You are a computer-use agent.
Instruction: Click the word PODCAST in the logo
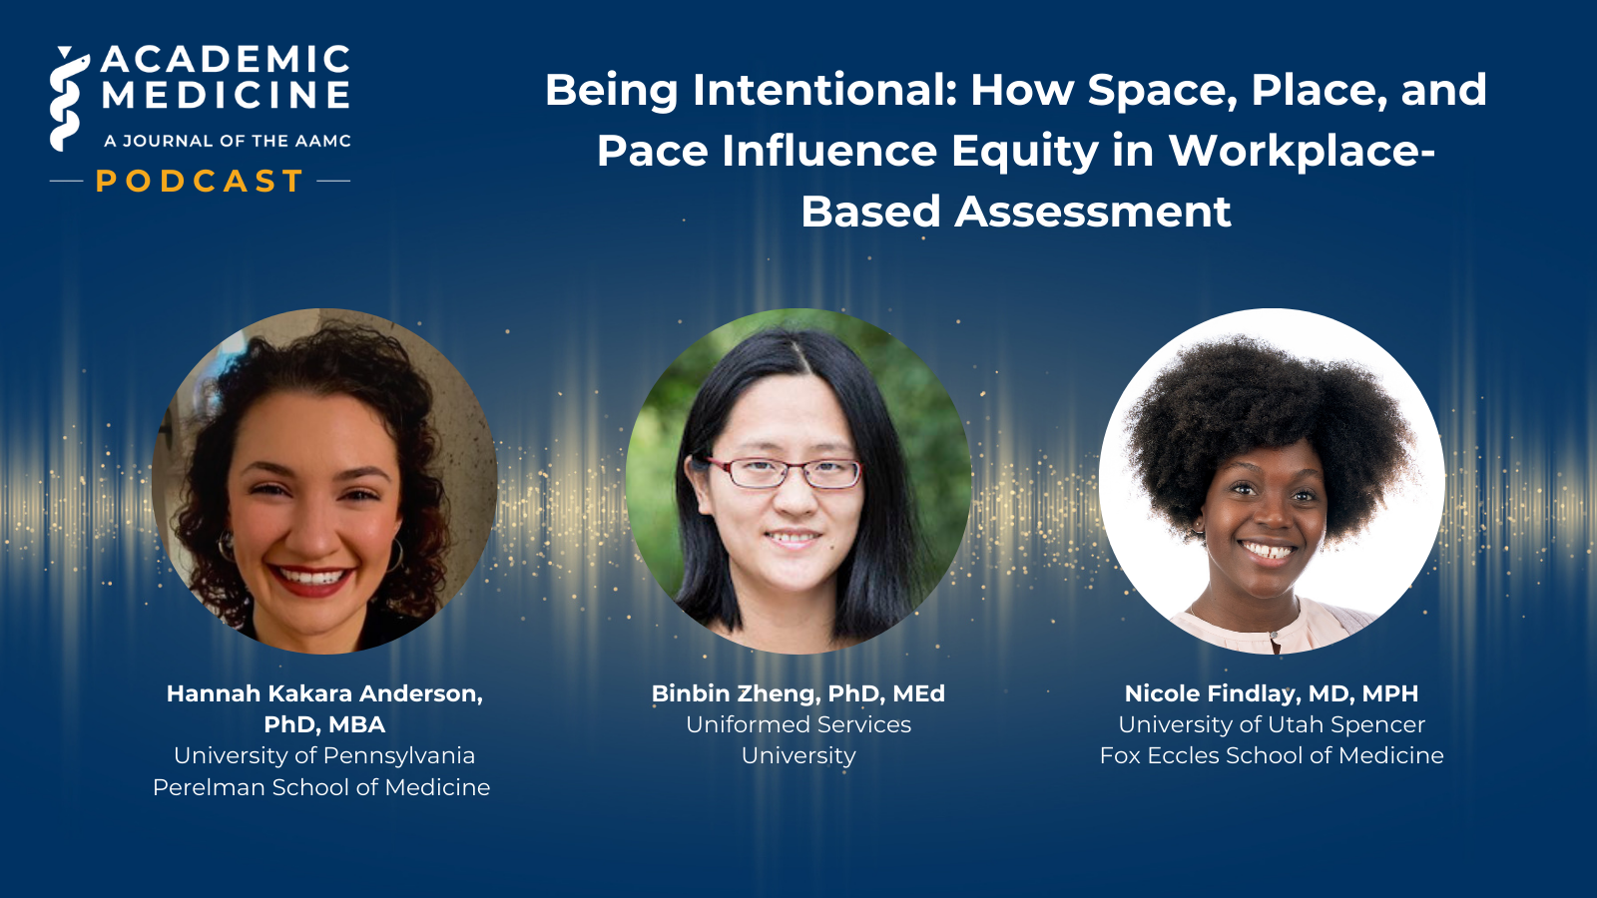(200, 181)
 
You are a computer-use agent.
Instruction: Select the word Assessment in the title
(1092, 212)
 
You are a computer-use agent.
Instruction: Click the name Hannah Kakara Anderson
(323, 693)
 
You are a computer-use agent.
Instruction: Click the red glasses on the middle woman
(789, 472)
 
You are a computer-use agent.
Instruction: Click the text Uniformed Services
(798, 724)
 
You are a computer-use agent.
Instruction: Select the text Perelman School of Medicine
(321, 787)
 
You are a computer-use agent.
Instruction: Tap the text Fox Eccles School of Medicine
(1271, 755)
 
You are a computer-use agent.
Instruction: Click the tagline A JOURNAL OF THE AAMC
(228, 141)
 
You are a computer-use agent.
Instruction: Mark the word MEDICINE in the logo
(227, 96)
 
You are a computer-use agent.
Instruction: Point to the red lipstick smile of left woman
(311, 580)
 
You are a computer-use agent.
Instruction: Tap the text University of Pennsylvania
(323, 755)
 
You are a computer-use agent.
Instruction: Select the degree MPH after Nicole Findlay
(1389, 693)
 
